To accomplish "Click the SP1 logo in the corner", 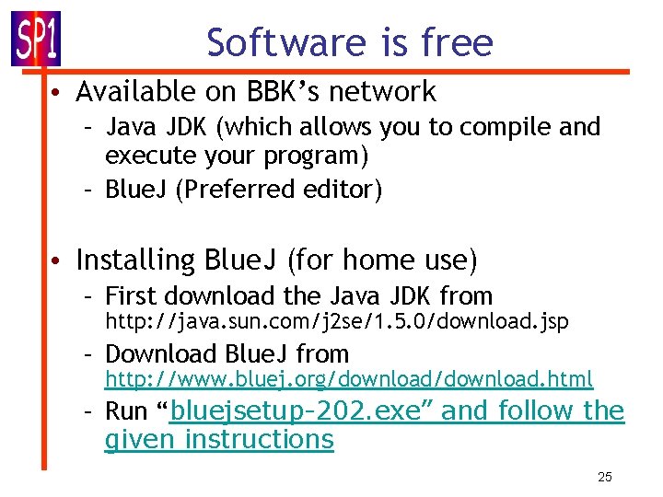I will [35, 38].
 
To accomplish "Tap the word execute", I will [148, 156].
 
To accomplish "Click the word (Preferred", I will [234, 190].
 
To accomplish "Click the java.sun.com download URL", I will [336, 322].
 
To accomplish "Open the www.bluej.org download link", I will [348, 379].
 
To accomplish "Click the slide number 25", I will [604, 477].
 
